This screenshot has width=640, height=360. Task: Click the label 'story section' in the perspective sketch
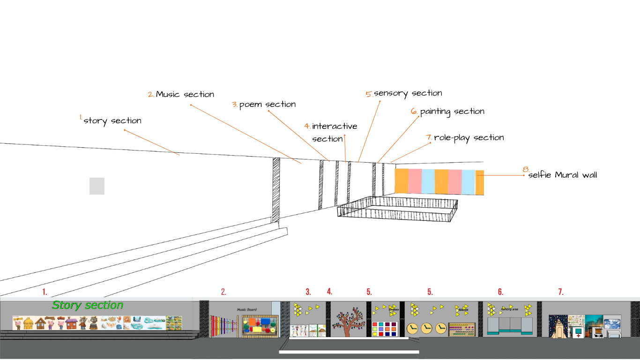112,121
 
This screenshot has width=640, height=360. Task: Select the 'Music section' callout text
185,94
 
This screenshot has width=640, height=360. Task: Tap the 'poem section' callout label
268,105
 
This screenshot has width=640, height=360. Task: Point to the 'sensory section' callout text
408,93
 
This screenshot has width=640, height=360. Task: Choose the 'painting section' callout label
452,112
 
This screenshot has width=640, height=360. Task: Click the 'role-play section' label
469,138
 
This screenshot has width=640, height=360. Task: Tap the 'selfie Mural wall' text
563,175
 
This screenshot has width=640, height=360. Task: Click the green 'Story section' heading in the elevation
88,305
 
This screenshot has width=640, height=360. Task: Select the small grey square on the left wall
97,186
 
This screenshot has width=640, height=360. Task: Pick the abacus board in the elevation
462,329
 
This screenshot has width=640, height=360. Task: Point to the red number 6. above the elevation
500,292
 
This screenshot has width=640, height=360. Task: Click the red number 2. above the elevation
223,292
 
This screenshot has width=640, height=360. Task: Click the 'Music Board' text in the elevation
247,310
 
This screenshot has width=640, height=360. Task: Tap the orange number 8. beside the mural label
525,169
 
